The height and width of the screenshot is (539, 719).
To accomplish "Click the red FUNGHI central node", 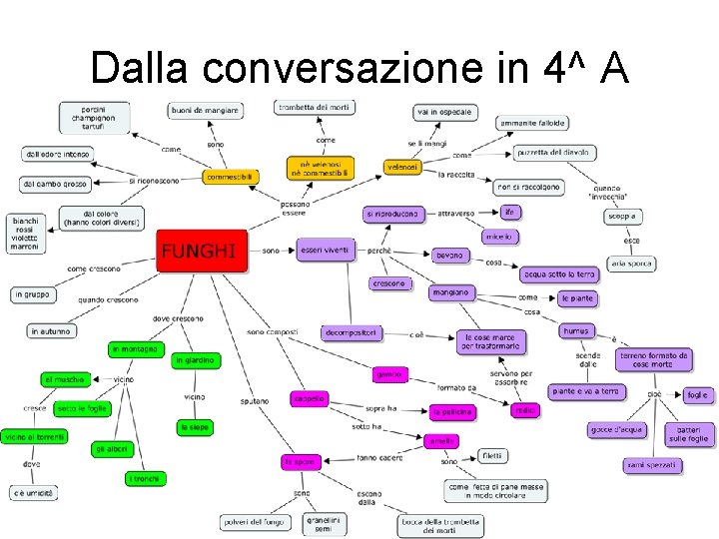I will point(201,250).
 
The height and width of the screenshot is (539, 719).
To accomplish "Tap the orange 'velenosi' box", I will point(402,167).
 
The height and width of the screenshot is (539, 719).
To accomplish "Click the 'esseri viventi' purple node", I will point(325,251).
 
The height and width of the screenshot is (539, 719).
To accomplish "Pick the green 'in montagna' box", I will point(135,349).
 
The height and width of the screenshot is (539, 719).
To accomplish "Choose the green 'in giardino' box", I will point(196,360).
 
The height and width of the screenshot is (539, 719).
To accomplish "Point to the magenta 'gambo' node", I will point(389,374).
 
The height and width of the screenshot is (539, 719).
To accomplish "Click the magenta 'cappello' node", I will point(309,398).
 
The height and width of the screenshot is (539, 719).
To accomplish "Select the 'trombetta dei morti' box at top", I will point(315,107).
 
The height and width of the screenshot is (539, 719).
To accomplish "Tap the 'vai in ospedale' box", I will point(443,112).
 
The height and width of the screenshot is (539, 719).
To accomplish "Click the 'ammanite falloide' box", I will point(533,124).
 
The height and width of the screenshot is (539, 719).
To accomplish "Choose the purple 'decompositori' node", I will point(351,332).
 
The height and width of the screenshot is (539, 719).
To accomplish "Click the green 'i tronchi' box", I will point(142,479).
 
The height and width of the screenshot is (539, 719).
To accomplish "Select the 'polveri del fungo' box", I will point(255,522).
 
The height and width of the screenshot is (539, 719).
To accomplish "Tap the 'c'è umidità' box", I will point(34,493).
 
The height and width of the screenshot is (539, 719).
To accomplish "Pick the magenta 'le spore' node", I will point(300,462).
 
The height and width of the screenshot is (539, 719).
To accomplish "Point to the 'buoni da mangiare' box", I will point(205,110).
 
